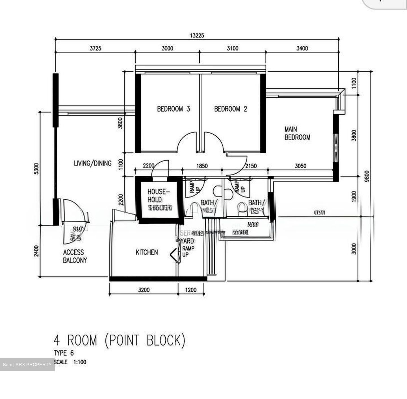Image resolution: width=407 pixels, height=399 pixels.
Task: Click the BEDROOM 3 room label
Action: pos(173,109)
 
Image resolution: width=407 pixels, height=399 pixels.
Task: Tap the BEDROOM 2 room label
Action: pos(230,109)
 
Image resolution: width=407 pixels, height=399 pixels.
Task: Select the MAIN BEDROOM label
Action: pos(297,133)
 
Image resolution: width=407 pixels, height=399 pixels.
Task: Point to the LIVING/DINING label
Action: pos(92,163)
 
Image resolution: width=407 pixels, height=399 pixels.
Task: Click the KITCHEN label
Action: pos(147,252)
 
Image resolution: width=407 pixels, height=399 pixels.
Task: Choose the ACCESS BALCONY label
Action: pos(75,256)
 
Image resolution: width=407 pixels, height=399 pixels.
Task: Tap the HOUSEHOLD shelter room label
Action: pos(159,199)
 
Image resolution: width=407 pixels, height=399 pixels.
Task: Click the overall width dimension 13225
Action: pos(197,36)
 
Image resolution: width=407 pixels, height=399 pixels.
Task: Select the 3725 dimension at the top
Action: pos(95,48)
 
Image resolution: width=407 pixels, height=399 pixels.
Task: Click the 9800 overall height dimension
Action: pos(367,176)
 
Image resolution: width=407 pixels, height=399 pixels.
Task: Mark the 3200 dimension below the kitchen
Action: pos(144,290)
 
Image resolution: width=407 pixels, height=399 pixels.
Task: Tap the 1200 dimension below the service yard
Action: pos(190,290)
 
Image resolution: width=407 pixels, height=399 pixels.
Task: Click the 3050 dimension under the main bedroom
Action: pos(300,166)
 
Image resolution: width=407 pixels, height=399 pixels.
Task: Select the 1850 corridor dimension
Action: pos(202,166)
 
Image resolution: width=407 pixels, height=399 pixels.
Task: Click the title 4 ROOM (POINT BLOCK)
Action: pos(120,340)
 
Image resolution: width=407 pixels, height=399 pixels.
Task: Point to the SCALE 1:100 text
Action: pos(70,362)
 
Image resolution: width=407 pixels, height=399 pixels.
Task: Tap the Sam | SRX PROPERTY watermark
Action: pos(27,365)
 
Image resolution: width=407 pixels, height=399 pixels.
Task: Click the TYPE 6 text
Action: pos(64,353)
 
